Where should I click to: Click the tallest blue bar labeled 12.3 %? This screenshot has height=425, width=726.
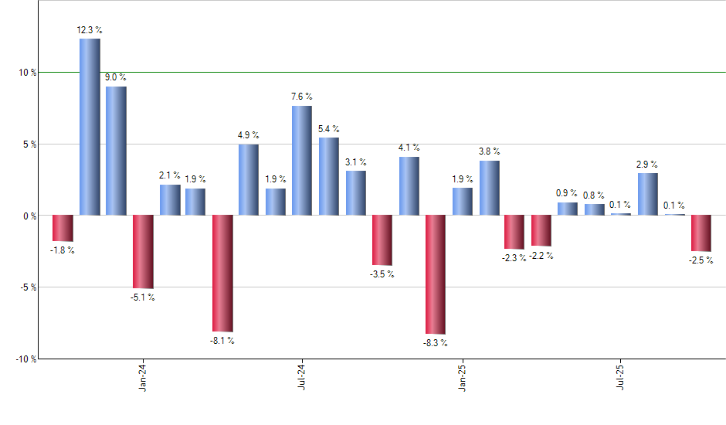[x=90, y=127]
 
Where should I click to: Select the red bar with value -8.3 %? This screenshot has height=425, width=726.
[x=436, y=274]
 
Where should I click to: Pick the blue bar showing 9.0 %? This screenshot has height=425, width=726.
[x=117, y=151]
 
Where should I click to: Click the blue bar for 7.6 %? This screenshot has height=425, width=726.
[x=302, y=161]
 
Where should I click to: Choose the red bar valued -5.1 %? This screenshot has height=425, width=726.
[x=143, y=251]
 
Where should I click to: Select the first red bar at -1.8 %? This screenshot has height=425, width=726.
[x=63, y=228]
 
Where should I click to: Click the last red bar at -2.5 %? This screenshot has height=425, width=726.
[x=701, y=233]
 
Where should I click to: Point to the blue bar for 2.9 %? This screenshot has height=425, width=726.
[x=648, y=194]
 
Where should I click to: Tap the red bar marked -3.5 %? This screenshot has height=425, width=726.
[x=382, y=240]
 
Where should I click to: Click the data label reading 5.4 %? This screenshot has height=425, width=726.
[x=329, y=129]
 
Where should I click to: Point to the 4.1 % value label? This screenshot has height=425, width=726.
[x=409, y=148]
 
